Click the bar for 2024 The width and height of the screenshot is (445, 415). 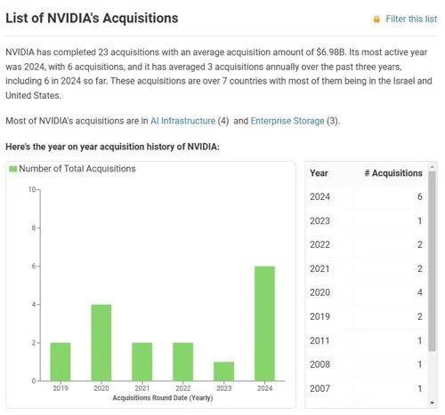(264, 323)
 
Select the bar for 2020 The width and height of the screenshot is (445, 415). (101, 343)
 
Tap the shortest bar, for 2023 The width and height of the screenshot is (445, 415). (223, 371)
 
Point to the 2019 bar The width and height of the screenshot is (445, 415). (61, 362)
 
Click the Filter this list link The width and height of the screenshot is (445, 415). (411, 19)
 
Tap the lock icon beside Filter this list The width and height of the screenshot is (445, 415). (376, 20)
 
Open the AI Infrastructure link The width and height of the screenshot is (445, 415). (182, 121)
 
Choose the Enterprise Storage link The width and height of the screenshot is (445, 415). (287, 121)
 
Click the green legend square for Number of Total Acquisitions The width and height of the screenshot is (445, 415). (12, 169)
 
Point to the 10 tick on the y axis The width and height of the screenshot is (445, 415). (32, 189)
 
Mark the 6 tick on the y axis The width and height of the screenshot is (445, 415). (34, 266)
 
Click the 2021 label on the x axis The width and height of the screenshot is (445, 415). (142, 388)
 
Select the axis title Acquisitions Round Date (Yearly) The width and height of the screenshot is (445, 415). (163, 397)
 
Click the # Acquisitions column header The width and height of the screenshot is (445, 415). (393, 173)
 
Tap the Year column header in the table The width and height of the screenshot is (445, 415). (319, 173)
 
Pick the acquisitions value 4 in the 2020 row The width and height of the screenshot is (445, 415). (419, 292)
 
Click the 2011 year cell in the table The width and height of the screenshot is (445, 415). (320, 340)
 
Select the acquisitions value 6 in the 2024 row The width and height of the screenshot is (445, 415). (419, 196)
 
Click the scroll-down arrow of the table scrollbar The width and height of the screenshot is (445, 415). (432, 403)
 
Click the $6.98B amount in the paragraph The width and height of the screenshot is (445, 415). (331, 52)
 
